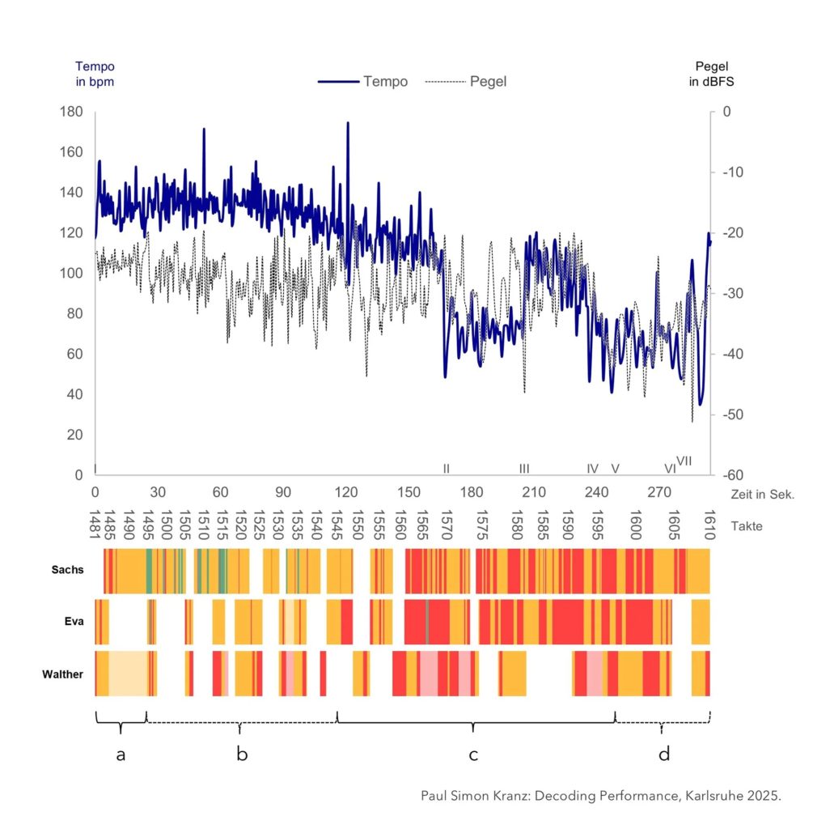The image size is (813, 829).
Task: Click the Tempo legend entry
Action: pyautogui.click(x=363, y=82)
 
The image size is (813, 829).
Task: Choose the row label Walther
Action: pyautogui.click(x=63, y=673)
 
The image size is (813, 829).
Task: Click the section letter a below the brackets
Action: pyautogui.click(x=121, y=755)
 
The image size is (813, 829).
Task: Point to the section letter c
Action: pyautogui.click(x=473, y=755)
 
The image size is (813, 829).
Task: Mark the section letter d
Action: pyautogui.click(x=663, y=755)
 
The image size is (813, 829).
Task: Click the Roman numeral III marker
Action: pyautogui.click(x=524, y=469)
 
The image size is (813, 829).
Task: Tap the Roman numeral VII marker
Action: pyautogui.click(x=684, y=461)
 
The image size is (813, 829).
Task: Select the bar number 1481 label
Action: pyautogui.click(x=95, y=524)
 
